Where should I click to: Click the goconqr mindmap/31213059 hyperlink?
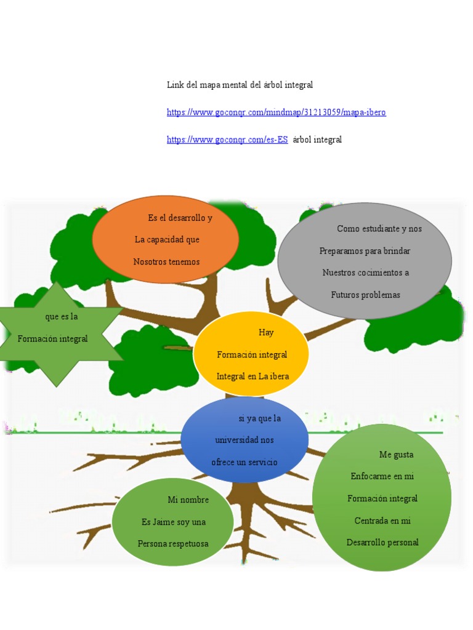click(x=277, y=112)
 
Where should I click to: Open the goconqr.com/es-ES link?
click(x=227, y=140)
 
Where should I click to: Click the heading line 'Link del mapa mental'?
click(x=240, y=85)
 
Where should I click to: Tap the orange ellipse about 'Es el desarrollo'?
click(x=165, y=239)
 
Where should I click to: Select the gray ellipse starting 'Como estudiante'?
click(x=365, y=261)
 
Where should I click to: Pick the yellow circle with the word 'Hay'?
click(x=251, y=354)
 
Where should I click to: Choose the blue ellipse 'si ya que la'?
click(x=245, y=439)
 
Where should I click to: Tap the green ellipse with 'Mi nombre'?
click(x=172, y=522)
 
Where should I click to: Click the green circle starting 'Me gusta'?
click(x=382, y=497)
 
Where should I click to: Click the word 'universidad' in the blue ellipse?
click(x=236, y=440)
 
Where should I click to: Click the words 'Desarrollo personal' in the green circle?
click(x=382, y=543)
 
